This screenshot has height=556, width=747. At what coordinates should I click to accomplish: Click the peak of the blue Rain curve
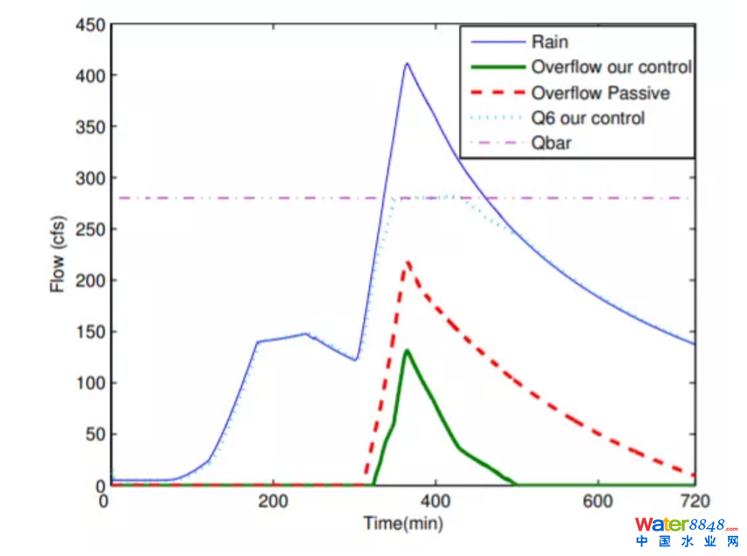[406, 63]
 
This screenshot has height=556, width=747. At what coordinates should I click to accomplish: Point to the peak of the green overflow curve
[406, 351]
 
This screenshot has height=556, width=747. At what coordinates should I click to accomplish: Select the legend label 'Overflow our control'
[611, 67]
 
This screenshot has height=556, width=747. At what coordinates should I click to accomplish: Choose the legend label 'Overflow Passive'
[600, 93]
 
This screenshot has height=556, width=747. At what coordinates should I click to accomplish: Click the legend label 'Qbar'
[551, 143]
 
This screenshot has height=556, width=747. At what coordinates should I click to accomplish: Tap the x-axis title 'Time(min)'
[404, 524]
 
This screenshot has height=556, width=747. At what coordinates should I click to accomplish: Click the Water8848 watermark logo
[686, 532]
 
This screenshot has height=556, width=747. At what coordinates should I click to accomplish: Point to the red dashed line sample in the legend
[494, 93]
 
